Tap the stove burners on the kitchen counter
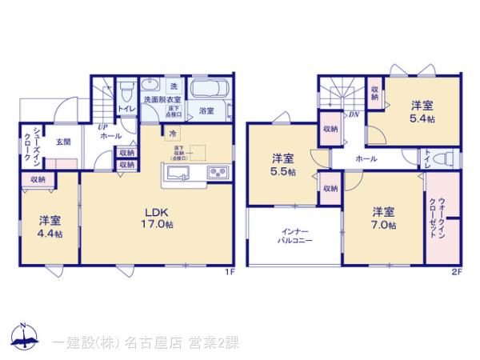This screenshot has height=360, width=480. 218,174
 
